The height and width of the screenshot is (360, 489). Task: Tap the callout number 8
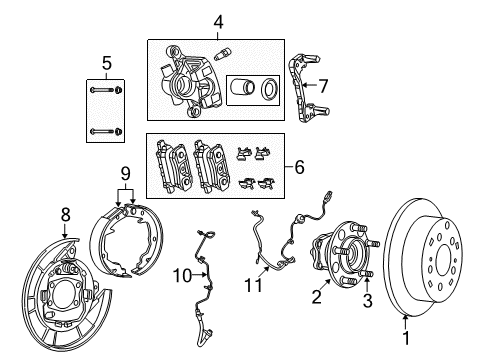(x=66, y=213)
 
